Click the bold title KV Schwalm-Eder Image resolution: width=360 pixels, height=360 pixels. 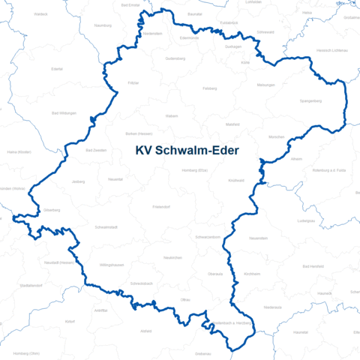click(187, 151)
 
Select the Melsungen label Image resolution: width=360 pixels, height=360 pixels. click(265, 85)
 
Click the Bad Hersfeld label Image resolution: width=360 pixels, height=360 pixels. click(310, 266)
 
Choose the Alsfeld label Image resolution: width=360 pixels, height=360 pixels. click(146, 331)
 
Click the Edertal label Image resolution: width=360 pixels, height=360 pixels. click(57, 69)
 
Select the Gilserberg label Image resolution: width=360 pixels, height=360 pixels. click(52, 211)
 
